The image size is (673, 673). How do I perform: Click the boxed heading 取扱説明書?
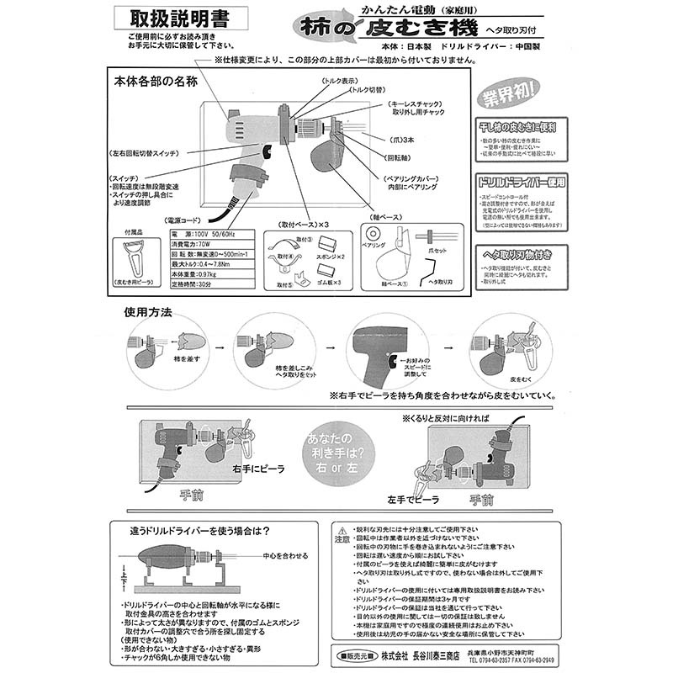178,18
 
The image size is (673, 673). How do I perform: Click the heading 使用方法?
148,312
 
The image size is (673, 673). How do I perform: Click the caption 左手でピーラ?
414,499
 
